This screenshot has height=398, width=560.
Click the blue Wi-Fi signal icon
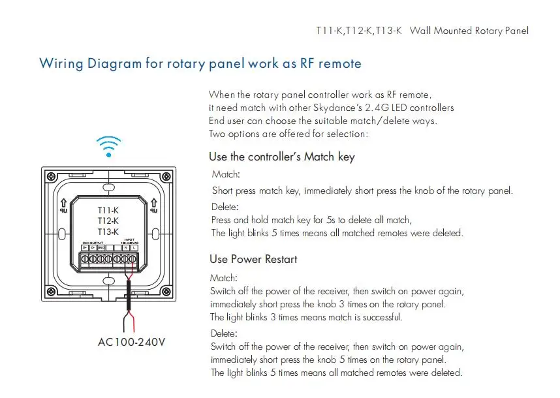(108, 146)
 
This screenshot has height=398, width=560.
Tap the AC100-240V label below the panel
(131, 342)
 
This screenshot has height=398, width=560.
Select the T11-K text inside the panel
(108, 209)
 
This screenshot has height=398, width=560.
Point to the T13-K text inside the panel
(108, 232)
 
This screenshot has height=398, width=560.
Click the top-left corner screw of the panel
(50, 176)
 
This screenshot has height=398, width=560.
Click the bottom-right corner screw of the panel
(168, 292)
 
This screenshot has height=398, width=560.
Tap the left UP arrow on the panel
(63, 205)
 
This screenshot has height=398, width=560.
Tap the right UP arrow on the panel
(155, 205)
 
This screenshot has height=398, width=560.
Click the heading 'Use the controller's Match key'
(281, 157)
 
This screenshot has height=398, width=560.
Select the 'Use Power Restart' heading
(253, 259)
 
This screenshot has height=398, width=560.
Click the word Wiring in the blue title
(61, 63)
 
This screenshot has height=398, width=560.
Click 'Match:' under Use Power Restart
(223, 277)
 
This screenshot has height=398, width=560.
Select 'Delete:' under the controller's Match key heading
(225, 207)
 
